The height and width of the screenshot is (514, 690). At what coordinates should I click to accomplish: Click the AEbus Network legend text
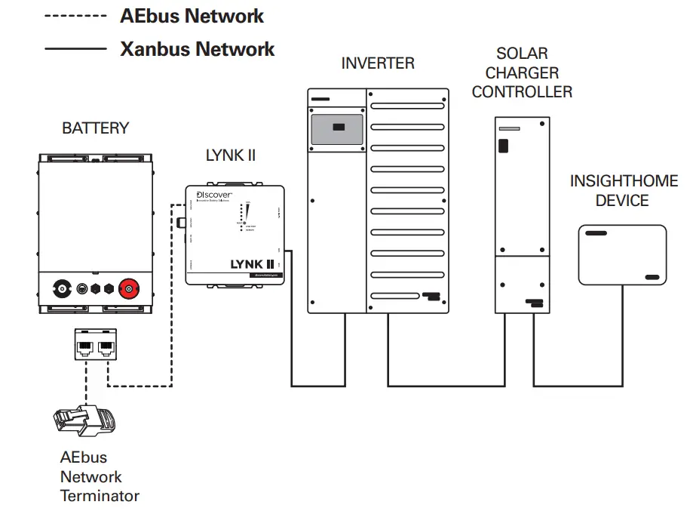192,16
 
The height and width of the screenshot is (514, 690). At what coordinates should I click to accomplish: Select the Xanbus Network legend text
197,50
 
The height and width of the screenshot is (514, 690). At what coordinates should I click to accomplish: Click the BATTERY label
95,128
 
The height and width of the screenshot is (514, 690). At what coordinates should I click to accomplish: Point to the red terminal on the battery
131,288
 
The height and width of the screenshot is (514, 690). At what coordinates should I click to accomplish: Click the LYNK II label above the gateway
231,155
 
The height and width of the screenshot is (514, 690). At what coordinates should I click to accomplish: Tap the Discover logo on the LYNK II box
214,195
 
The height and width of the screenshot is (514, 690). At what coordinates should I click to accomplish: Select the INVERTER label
378,63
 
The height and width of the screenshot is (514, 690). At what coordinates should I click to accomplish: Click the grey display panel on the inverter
337,128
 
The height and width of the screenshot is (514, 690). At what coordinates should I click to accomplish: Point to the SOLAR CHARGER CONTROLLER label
522,73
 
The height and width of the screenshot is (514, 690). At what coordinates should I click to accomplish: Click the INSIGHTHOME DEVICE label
624,191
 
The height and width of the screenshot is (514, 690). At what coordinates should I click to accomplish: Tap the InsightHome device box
623,254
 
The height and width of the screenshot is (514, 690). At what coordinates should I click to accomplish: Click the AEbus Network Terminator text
100,477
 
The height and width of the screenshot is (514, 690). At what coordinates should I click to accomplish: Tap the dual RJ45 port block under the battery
96,343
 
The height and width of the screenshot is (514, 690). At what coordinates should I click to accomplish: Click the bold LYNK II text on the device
250,264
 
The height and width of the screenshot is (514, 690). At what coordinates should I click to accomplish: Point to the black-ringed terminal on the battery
60,288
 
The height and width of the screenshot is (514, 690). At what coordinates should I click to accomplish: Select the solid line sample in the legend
75,50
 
